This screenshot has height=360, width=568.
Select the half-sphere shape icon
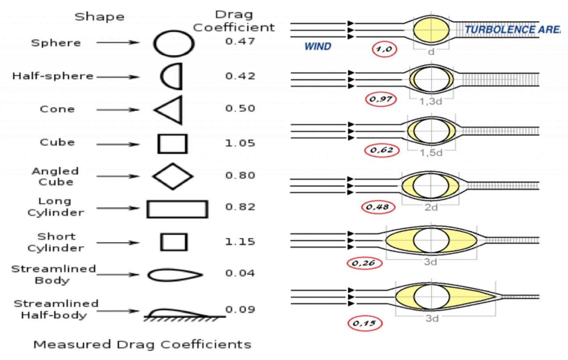click(x=181, y=76)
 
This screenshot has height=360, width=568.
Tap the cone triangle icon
click(x=181, y=110)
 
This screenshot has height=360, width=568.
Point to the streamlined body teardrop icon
click(x=175, y=269)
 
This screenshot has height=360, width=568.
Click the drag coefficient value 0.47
click(x=240, y=41)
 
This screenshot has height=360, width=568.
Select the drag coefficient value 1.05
click(x=240, y=143)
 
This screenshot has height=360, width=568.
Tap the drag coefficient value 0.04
click(x=240, y=273)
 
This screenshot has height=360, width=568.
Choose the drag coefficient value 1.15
click(x=240, y=241)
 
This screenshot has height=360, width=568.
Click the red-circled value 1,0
click(x=384, y=49)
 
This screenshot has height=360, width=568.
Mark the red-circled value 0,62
click(x=382, y=150)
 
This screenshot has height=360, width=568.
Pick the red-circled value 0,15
click(x=365, y=323)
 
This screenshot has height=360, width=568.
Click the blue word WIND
click(x=318, y=46)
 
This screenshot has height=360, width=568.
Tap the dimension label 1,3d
click(x=430, y=101)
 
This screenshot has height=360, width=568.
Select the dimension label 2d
click(x=431, y=207)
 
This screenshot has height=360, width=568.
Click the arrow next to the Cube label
click(x=118, y=144)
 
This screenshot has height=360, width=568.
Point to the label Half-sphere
click(x=53, y=76)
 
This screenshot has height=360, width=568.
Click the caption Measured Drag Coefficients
click(x=142, y=345)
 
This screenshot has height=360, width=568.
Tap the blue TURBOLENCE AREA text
click(x=512, y=30)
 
